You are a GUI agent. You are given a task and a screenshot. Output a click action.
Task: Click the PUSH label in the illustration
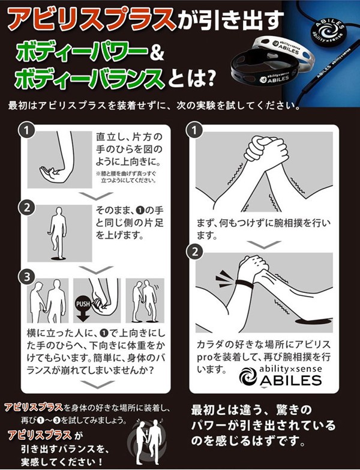tap(83, 304)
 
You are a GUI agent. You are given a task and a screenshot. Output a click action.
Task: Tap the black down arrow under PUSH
tap(83, 315)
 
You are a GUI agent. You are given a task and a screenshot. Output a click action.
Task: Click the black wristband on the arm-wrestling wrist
tap(244, 283)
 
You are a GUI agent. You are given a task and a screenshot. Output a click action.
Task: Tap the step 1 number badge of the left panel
tap(27, 130)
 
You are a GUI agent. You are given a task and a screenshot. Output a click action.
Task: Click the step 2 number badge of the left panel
tap(27, 208)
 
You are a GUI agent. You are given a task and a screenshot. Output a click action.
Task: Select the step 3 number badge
tap(27, 276)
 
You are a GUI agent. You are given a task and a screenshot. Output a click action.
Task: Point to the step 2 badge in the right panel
tap(195, 252)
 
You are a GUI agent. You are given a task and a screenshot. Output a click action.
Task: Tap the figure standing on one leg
tap(58, 233)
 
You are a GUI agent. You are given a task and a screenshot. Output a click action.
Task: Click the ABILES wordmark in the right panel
tap(290, 381)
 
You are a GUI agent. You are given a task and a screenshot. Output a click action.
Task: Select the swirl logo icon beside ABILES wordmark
tap(248, 376)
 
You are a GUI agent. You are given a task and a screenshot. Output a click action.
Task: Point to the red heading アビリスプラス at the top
tap(91, 19)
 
